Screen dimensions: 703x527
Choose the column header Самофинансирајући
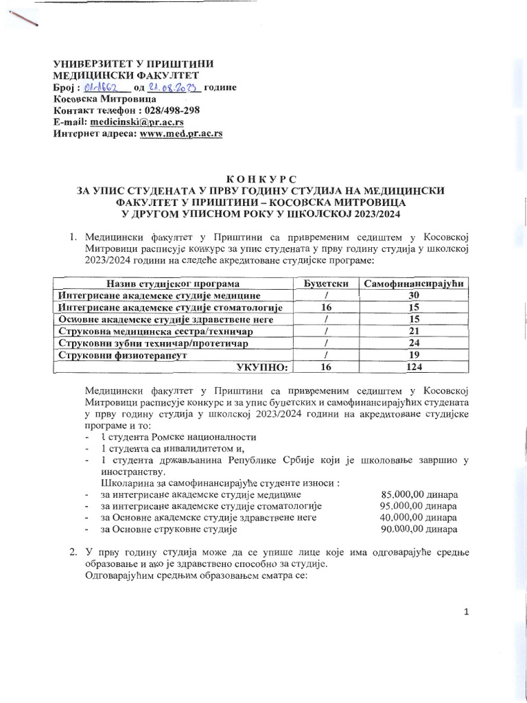[415, 284]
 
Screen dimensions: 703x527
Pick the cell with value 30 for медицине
[415, 296]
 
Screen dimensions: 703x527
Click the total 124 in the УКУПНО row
[415, 368]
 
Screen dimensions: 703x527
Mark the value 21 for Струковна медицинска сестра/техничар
[415, 332]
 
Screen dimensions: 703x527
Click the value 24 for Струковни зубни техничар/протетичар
[415, 344]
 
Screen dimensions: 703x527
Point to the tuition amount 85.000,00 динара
[419, 494]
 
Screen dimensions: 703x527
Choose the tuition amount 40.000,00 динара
[419, 518]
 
